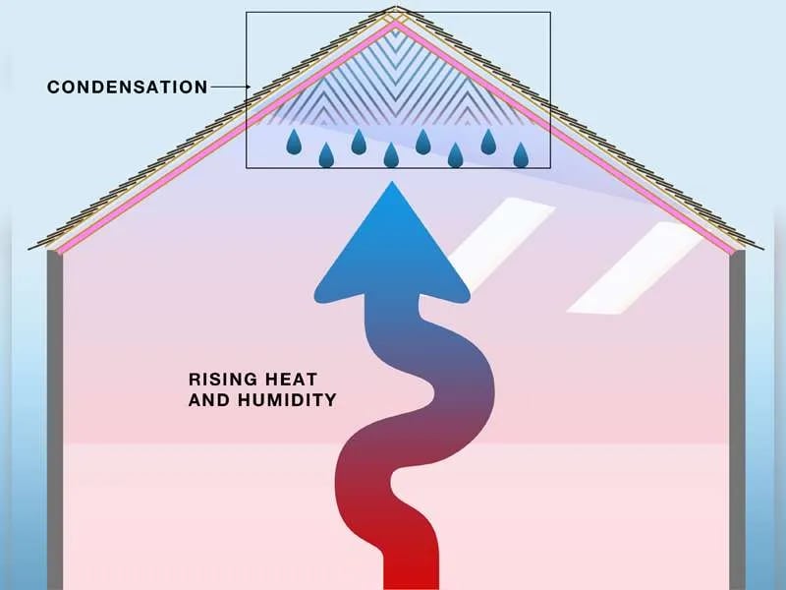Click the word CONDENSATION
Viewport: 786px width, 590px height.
pos(128,87)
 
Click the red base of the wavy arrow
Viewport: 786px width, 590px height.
pos(411,567)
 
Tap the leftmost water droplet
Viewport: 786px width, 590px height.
pos(294,142)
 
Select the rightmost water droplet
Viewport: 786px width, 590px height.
pos(521,155)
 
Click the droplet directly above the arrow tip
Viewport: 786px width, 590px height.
pos(391,155)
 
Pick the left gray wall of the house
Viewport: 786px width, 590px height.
pos(55,420)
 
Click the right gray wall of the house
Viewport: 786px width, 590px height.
pos(737,420)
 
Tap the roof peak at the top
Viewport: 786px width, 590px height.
pos(396,8)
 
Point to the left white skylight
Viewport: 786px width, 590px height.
pos(501,244)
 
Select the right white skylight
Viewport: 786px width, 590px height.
pos(635,267)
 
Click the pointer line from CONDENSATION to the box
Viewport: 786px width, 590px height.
pos(231,87)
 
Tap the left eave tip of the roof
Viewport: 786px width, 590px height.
pos(28,249)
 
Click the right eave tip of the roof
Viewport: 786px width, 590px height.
pos(763,249)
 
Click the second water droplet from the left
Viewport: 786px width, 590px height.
pos(326,155)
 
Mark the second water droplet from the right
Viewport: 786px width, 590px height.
pos(488,142)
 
